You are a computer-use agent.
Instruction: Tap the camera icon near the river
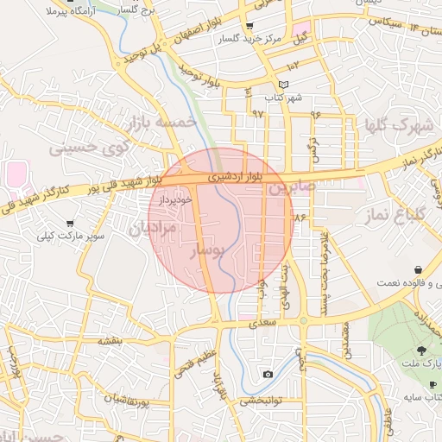[x=268, y=374]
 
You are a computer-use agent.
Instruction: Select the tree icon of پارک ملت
[x=421, y=350]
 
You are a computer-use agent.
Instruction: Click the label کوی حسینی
[x=89, y=146]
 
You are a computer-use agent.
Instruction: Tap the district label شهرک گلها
[x=398, y=127]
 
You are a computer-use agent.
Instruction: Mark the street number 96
[x=316, y=114]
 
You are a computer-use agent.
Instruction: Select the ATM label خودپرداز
[x=175, y=199]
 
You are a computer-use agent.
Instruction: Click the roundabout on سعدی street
[x=303, y=321]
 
